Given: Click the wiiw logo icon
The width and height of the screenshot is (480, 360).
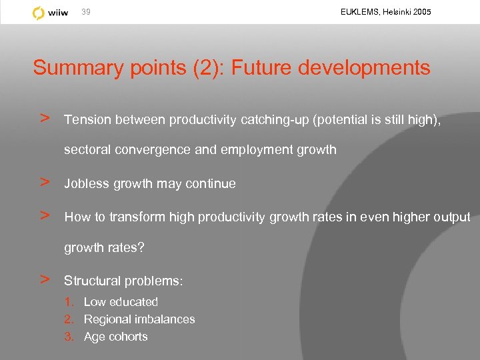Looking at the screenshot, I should [x=39, y=13].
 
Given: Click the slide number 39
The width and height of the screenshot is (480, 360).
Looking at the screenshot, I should [x=86, y=12].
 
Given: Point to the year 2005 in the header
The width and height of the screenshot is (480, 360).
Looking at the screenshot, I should [x=421, y=12].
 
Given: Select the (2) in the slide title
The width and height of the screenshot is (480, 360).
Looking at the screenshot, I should [x=193, y=68].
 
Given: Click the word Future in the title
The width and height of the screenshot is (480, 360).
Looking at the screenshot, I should [x=257, y=68].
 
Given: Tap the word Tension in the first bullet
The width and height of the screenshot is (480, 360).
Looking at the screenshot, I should [x=87, y=120].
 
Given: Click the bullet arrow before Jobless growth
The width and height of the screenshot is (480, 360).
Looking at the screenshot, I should [x=45, y=182].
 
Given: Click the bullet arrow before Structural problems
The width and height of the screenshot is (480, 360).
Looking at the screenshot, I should [x=45, y=279].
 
